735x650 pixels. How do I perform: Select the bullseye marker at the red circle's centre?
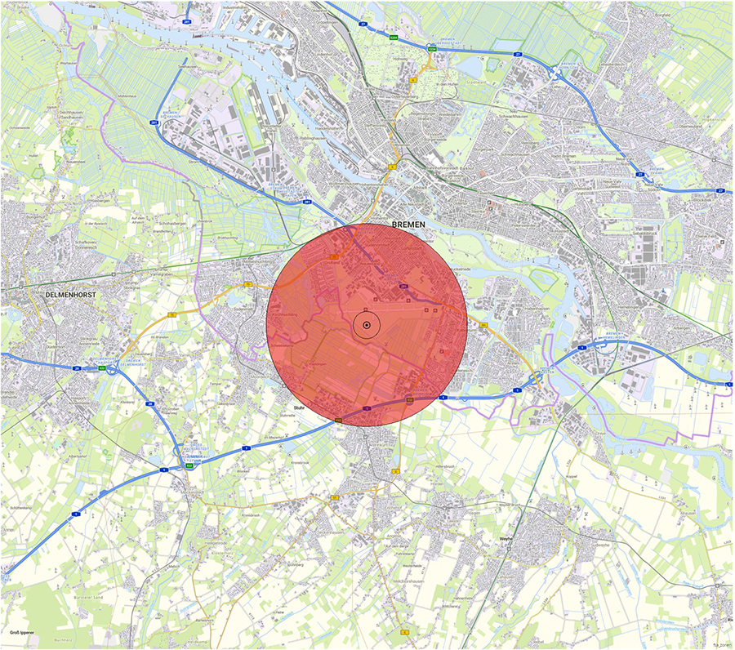[367, 325]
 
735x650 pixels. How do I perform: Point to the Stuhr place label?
[299, 406]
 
